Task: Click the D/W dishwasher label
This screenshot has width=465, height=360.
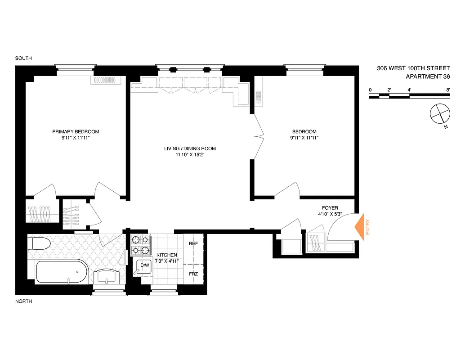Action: click(x=145, y=265)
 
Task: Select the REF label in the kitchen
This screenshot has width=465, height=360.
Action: click(x=193, y=243)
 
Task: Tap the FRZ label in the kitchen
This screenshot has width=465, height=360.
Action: click(x=193, y=274)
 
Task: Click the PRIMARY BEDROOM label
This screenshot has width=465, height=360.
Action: click(x=76, y=131)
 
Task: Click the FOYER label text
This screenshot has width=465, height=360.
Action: click(x=330, y=208)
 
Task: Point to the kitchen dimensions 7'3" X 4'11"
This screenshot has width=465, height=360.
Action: click(x=167, y=261)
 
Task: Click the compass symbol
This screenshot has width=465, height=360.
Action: click(x=439, y=113)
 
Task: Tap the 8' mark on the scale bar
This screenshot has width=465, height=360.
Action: click(x=448, y=90)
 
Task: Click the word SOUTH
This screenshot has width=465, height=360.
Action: click(x=23, y=58)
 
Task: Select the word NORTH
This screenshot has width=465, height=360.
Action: click(x=23, y=301)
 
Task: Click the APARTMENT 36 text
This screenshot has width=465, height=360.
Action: click(x=428, y=76)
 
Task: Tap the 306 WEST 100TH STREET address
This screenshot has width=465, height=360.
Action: click(x=413, y=68)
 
